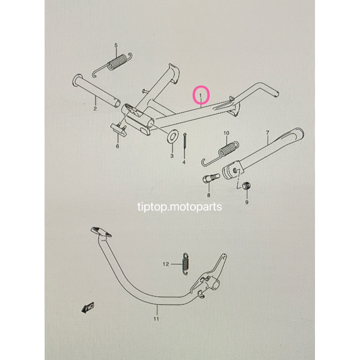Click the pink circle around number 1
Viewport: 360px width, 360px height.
pyautogui.click(x=201, y=95)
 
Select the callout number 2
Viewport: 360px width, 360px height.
pyautogui.click(x=95, y=109)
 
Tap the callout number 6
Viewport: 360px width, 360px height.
pyautogui.click(x=118, y=146)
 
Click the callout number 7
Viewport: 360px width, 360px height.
pyautogui.click(x=267, y=133)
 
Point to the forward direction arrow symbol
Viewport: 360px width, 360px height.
pyautogui.click(x=87, y=307)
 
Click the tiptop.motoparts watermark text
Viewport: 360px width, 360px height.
pyautogui.click(x=180, y=207)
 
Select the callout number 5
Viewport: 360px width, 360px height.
pyautogui.click(x=116, y=45)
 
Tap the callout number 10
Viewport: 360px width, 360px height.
pyautogui.click(x=226, y=133)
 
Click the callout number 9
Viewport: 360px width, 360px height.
pyautogui.click(x=246, y=202)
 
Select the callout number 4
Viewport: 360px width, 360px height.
pyautogui.click(x=184, y=162)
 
